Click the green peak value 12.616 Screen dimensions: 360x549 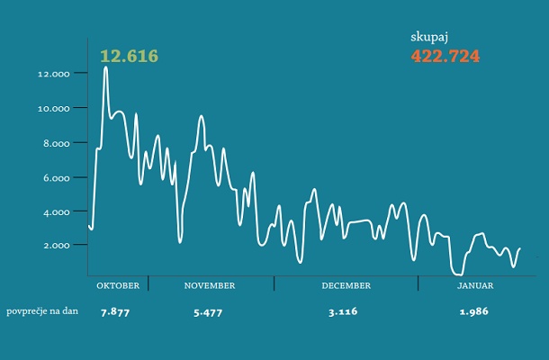pos(129,56)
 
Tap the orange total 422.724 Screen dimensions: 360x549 pos(445,56)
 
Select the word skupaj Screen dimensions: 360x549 pos(429,38)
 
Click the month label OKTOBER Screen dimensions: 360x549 pos(118,285)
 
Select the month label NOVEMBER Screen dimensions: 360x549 pos(210,285)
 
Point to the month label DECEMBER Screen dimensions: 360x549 pos(346,285)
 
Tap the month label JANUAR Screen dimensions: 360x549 pos(473,285)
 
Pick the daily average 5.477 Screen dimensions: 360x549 pos(208,311)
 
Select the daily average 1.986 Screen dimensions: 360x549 pos(473,311)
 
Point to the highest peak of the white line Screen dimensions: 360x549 pos(106,67)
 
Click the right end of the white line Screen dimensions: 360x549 pos(519,248)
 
